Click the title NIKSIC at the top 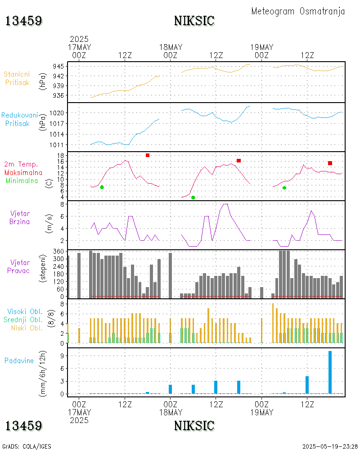(x=194, y=21)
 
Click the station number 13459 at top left (x=24, y=21)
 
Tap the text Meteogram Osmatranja (x=298, y=11)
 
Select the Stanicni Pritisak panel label (x=17, y=78)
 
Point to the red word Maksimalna (x=23, y=172)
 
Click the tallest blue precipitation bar (x=330, y=372)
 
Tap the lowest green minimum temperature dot (x=193, y=198)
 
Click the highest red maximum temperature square (x=148, y=155)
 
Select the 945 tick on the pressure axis (x=59, y=66)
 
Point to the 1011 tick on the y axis (x=58, y=145)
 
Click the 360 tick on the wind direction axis (x=59, y=252)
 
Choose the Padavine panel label (x=19, y=360)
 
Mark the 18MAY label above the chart (x=171, y=47)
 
